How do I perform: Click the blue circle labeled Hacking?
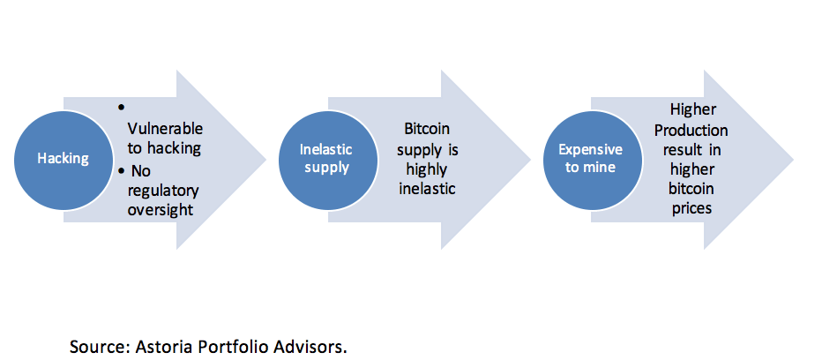click(64, 159)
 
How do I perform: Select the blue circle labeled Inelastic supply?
click(326, 159)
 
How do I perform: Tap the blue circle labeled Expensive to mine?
click(590, 159)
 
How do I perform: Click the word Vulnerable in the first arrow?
click(165, 128)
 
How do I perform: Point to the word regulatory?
click(163, 190)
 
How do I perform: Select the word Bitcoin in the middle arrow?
click(427, 129)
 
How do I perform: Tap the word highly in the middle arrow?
click(426, 169)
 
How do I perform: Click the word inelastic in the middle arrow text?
click(426, 190)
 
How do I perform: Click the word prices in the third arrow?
click(692, 210)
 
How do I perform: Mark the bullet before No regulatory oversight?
click(121, 169)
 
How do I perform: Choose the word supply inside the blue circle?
click(326, 168)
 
